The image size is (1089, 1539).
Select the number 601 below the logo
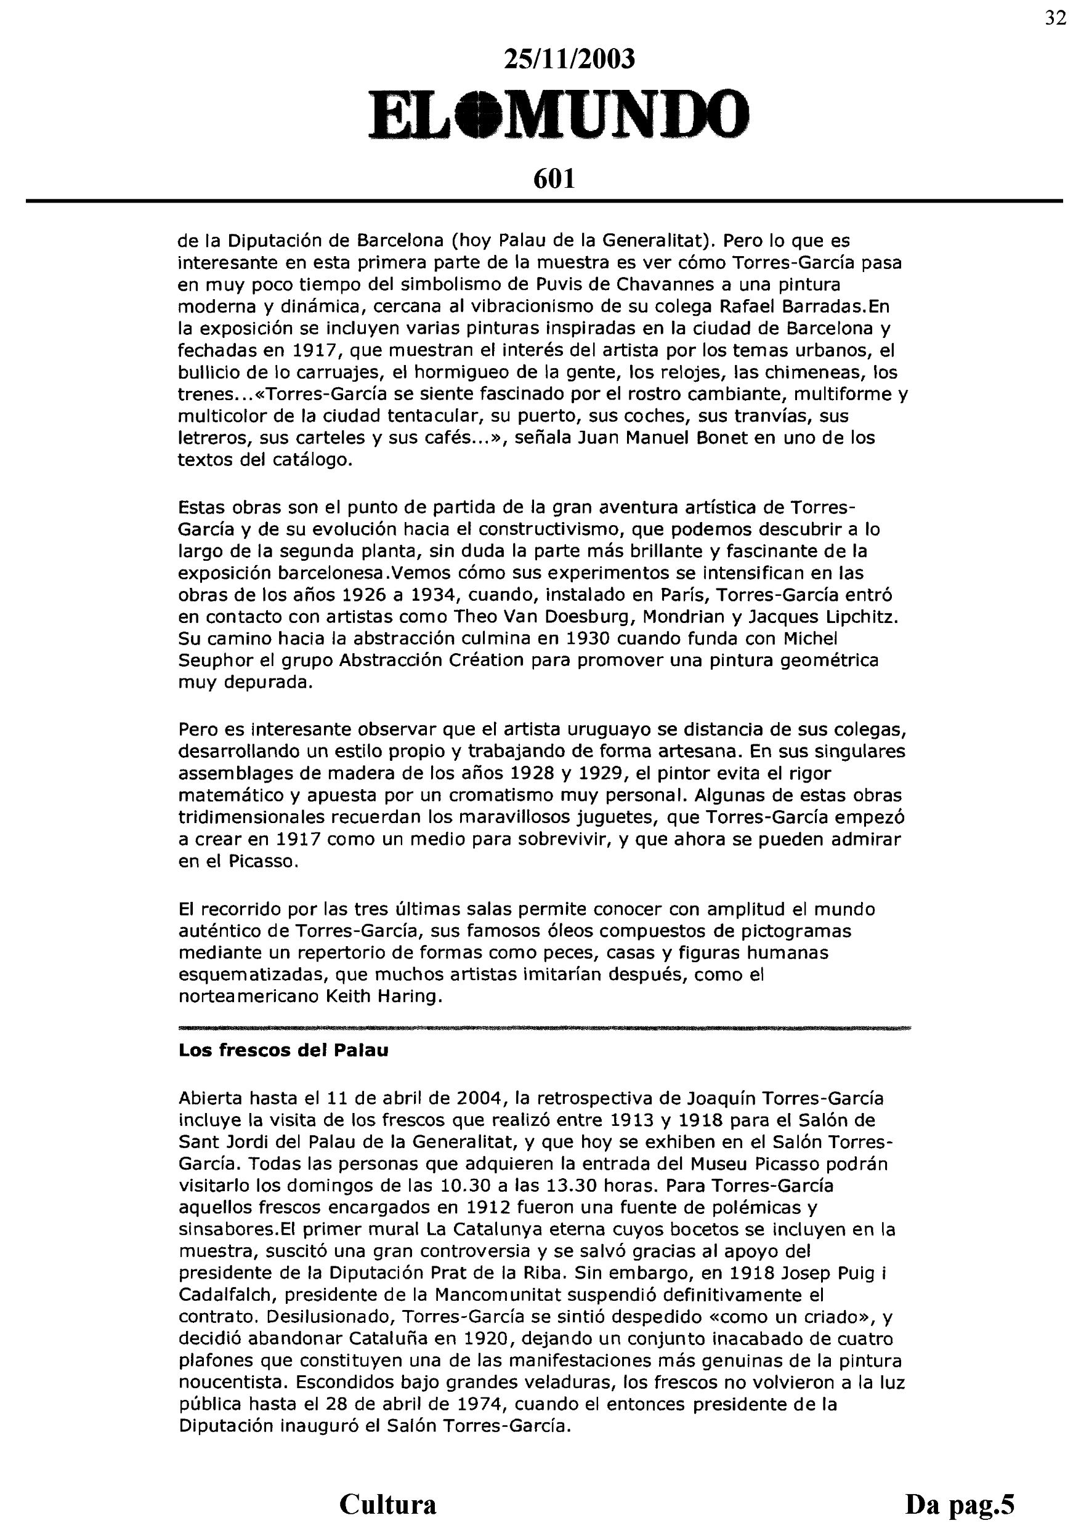(x=554, y=179)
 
